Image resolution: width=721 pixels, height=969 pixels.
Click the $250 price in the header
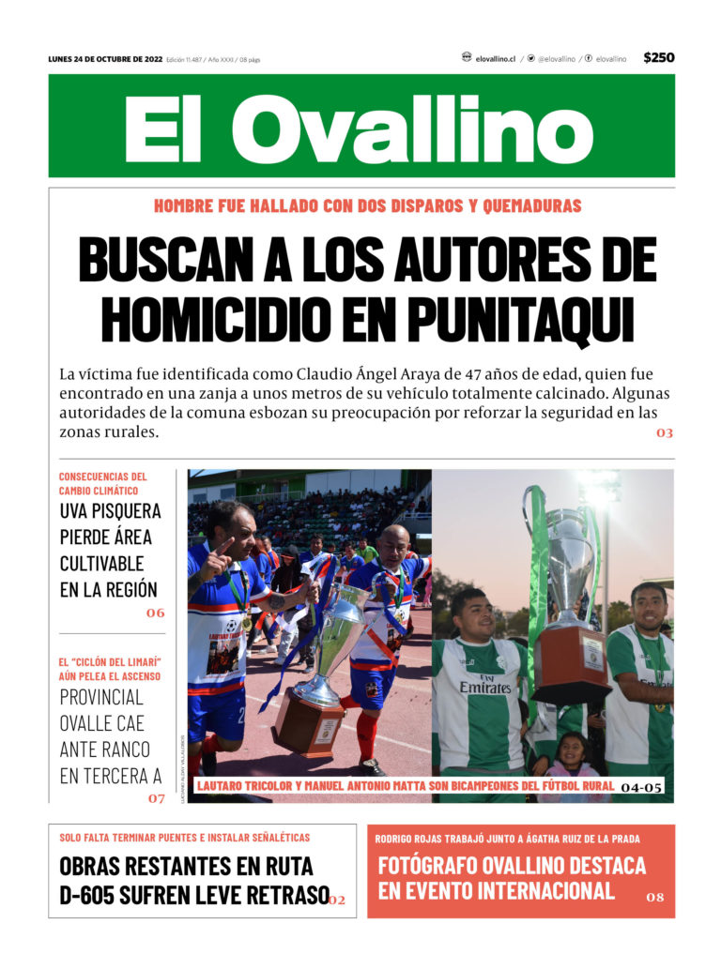(658, 58)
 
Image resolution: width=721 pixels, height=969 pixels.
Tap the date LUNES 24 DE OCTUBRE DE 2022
(105, 59)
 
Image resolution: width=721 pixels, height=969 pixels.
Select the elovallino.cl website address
(497, 58)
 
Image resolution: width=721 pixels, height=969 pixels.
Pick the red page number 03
(665, 433)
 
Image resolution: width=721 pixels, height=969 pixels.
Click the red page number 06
(155, 613)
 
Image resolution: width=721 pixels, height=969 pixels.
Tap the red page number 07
(155, 798)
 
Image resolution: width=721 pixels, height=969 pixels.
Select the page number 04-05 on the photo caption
(641, 787)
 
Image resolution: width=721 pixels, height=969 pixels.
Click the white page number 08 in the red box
(655, 898)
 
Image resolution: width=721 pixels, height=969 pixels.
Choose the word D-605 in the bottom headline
(87, 895)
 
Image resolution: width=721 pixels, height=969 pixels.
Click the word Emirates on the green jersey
(484, 688)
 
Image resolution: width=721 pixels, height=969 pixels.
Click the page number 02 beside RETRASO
(337, 901)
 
